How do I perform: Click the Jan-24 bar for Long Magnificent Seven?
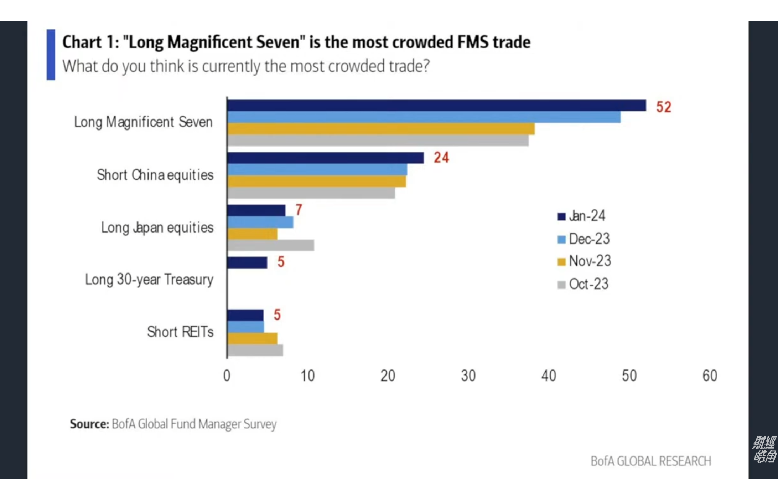[436, 106]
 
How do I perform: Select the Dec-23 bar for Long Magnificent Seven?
[424, 117]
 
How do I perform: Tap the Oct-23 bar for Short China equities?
[311, 193]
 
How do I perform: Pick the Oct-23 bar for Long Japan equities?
[271, 245]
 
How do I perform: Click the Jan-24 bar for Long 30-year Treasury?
[247, 263]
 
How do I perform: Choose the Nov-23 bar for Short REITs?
[252, 338]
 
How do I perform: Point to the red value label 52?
[664, 107]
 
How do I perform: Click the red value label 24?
[441, 158]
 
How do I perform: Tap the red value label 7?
[299, 210]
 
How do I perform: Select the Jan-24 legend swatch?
[561, 216]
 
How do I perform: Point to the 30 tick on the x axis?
[468, 376]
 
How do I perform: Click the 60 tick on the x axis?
[710, 376]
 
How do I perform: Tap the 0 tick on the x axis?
[227, 376]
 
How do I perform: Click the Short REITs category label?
[180, 332]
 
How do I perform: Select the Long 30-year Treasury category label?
[149, 280]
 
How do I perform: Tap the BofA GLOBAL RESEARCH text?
[650, 461]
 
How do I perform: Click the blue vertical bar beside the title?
[51, 55]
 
